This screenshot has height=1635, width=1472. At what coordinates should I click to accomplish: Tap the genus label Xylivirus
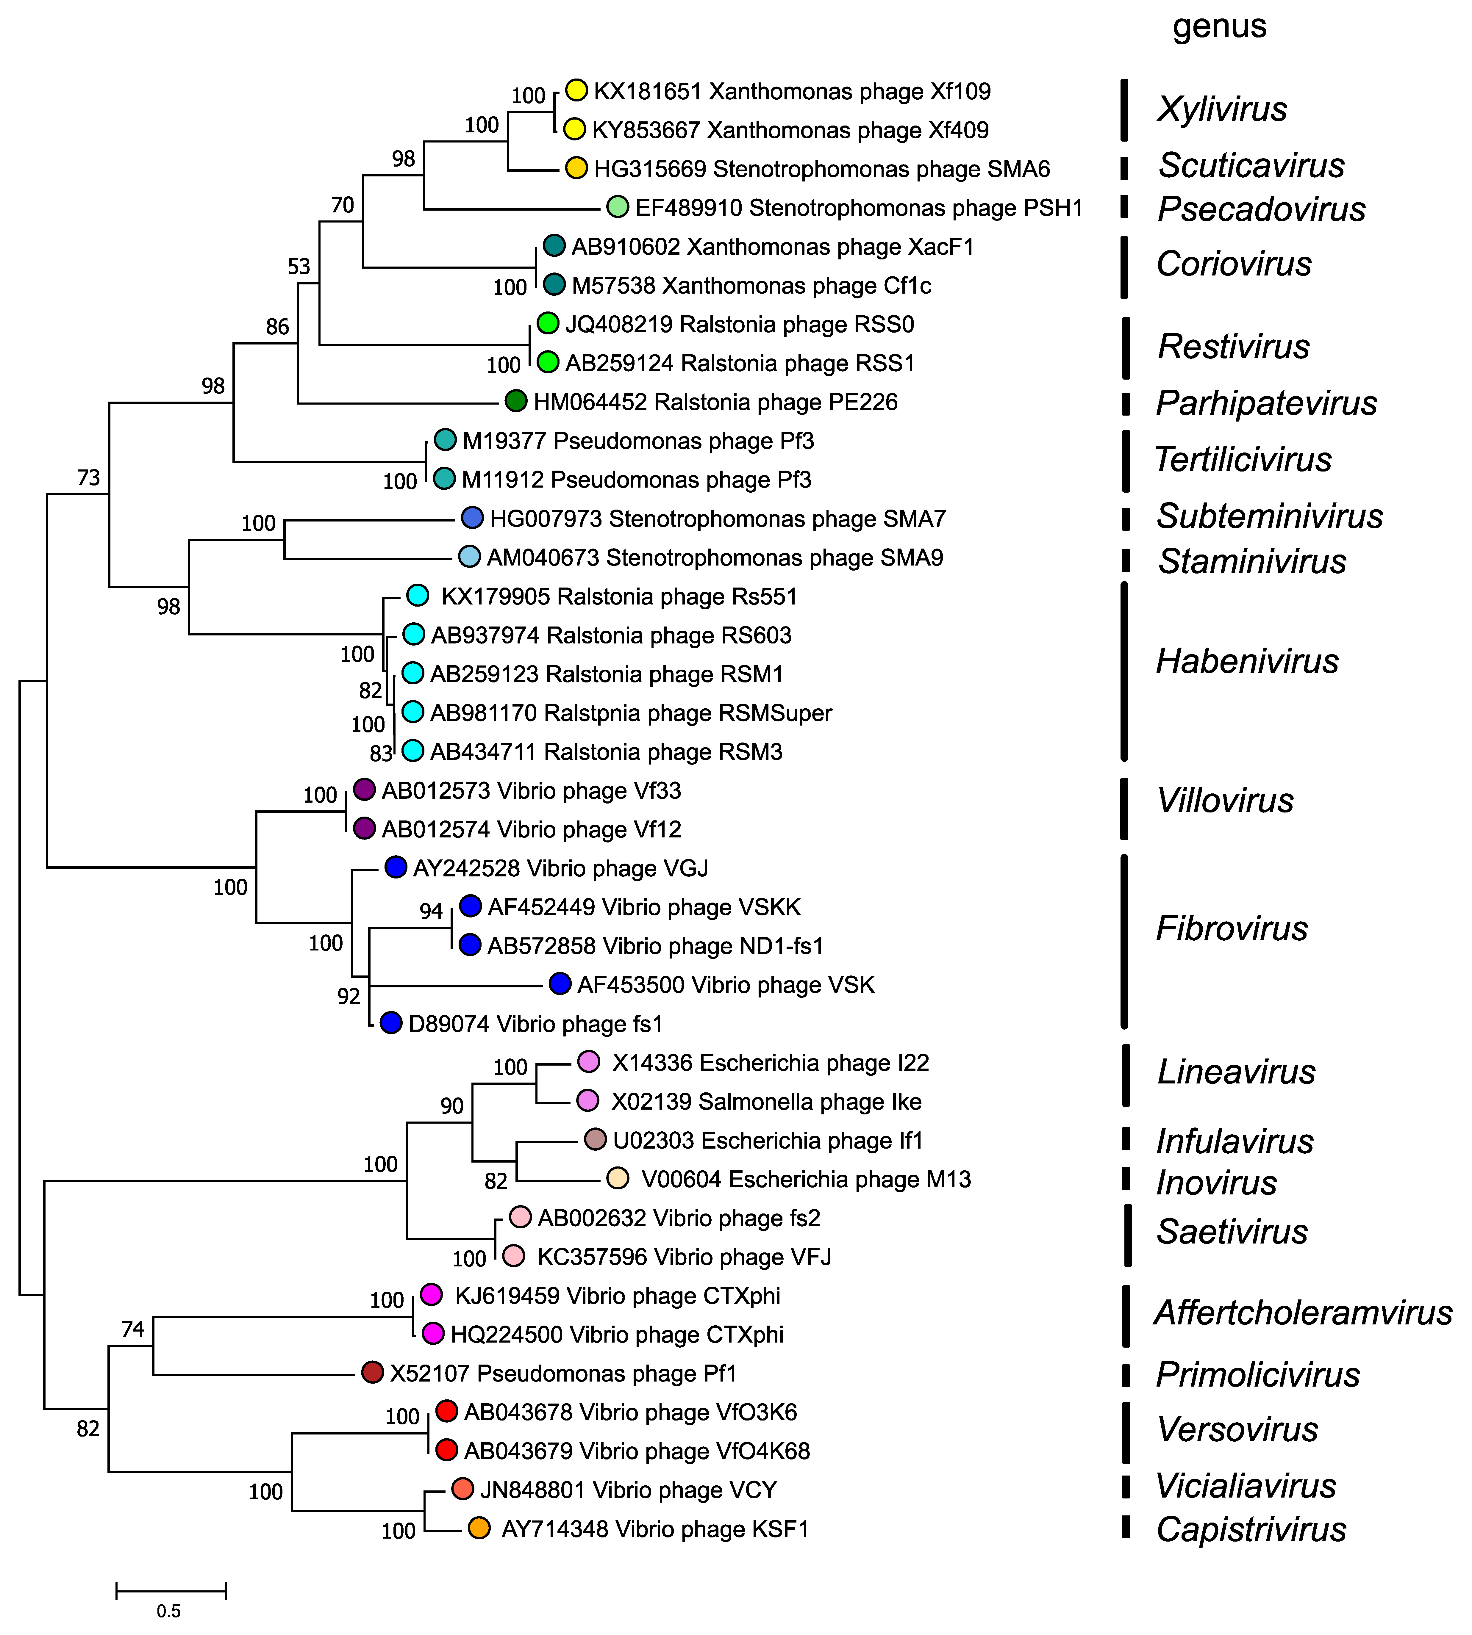click(x=1222, y=109)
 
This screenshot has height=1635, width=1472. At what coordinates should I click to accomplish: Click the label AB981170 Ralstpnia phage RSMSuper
click(x=631, y=713)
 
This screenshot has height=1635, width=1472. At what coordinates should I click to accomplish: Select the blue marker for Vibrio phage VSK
click(x=560, y=984)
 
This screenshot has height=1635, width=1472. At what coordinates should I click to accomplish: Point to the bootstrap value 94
click(x=431, y=911)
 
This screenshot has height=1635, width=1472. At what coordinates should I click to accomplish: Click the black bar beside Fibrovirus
click(x=1124, y=941)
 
